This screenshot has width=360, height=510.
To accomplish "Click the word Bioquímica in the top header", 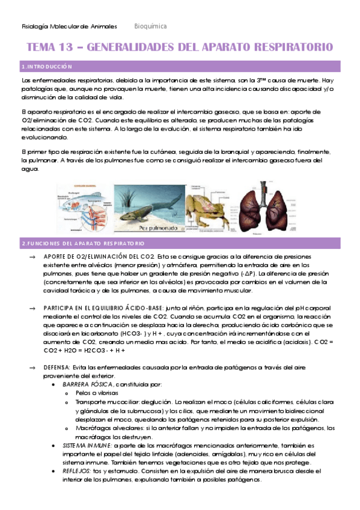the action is [x=151, y=26].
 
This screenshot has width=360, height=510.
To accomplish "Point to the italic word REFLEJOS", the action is [x=76, y=471].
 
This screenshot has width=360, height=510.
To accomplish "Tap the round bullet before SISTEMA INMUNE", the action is [x=55, y=445].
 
